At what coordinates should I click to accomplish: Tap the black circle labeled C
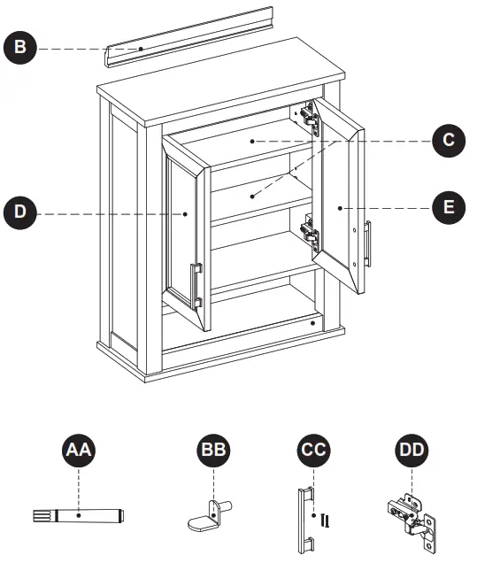click(x=449, y=140)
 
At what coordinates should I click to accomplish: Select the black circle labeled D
click(x=19, y=213)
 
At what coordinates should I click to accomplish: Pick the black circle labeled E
click(x=449, y=208)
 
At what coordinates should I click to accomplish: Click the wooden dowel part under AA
click(x=84, y=514)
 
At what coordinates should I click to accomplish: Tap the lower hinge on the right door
click(x=308, y=233)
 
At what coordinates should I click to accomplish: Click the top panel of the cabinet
click(x=221, y=81)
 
